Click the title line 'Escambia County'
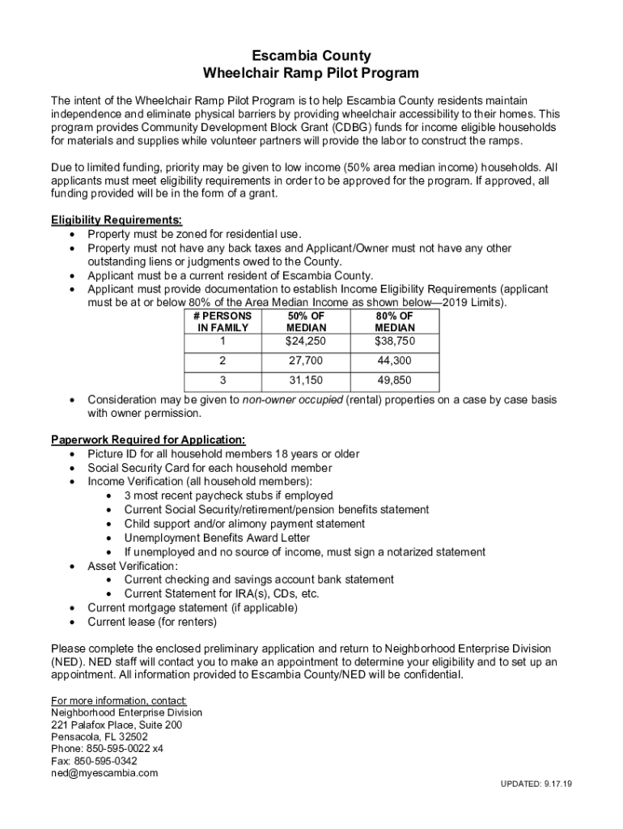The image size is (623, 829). pyautogui.click(x=311, y=56)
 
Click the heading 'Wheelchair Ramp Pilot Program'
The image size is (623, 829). pyautogui.click(x=311, y=74)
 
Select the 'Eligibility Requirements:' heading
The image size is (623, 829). pyautogui.click(x=117, y=220)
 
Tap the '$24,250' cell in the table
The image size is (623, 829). pyautogui.click(x=307, y=342)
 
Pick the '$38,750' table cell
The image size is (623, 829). pyautogui.click(x=395, y=342)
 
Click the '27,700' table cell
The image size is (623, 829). pyautogui.click(x=307, y=361)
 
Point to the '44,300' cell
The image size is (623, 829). pyautogui.click(x=395, y=361)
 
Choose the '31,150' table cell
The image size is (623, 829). pyautogui.click(x=307, y=380)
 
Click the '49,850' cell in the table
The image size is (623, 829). pyautogui.click(x=395, y=380)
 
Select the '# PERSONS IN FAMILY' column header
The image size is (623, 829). pyautogui.click(x=223, y=321)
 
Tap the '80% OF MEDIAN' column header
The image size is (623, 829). pyautogui.click(x=395, y=321)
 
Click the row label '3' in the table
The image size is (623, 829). pyautogui.click(x=223, y=380)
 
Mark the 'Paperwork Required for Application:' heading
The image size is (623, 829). pyautogui.click(x=148, y=440)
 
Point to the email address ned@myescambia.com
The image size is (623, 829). pyautogui.click(x=104, y=772)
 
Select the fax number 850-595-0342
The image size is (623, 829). pyautogui.click(x=94, y=761)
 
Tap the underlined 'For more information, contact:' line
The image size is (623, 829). pyautogui.click(x=119, y=700)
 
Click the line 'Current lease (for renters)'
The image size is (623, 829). pyautogui.click(x=152, y=623)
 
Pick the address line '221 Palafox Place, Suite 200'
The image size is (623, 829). pyautogui.click(x=117, y=725)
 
